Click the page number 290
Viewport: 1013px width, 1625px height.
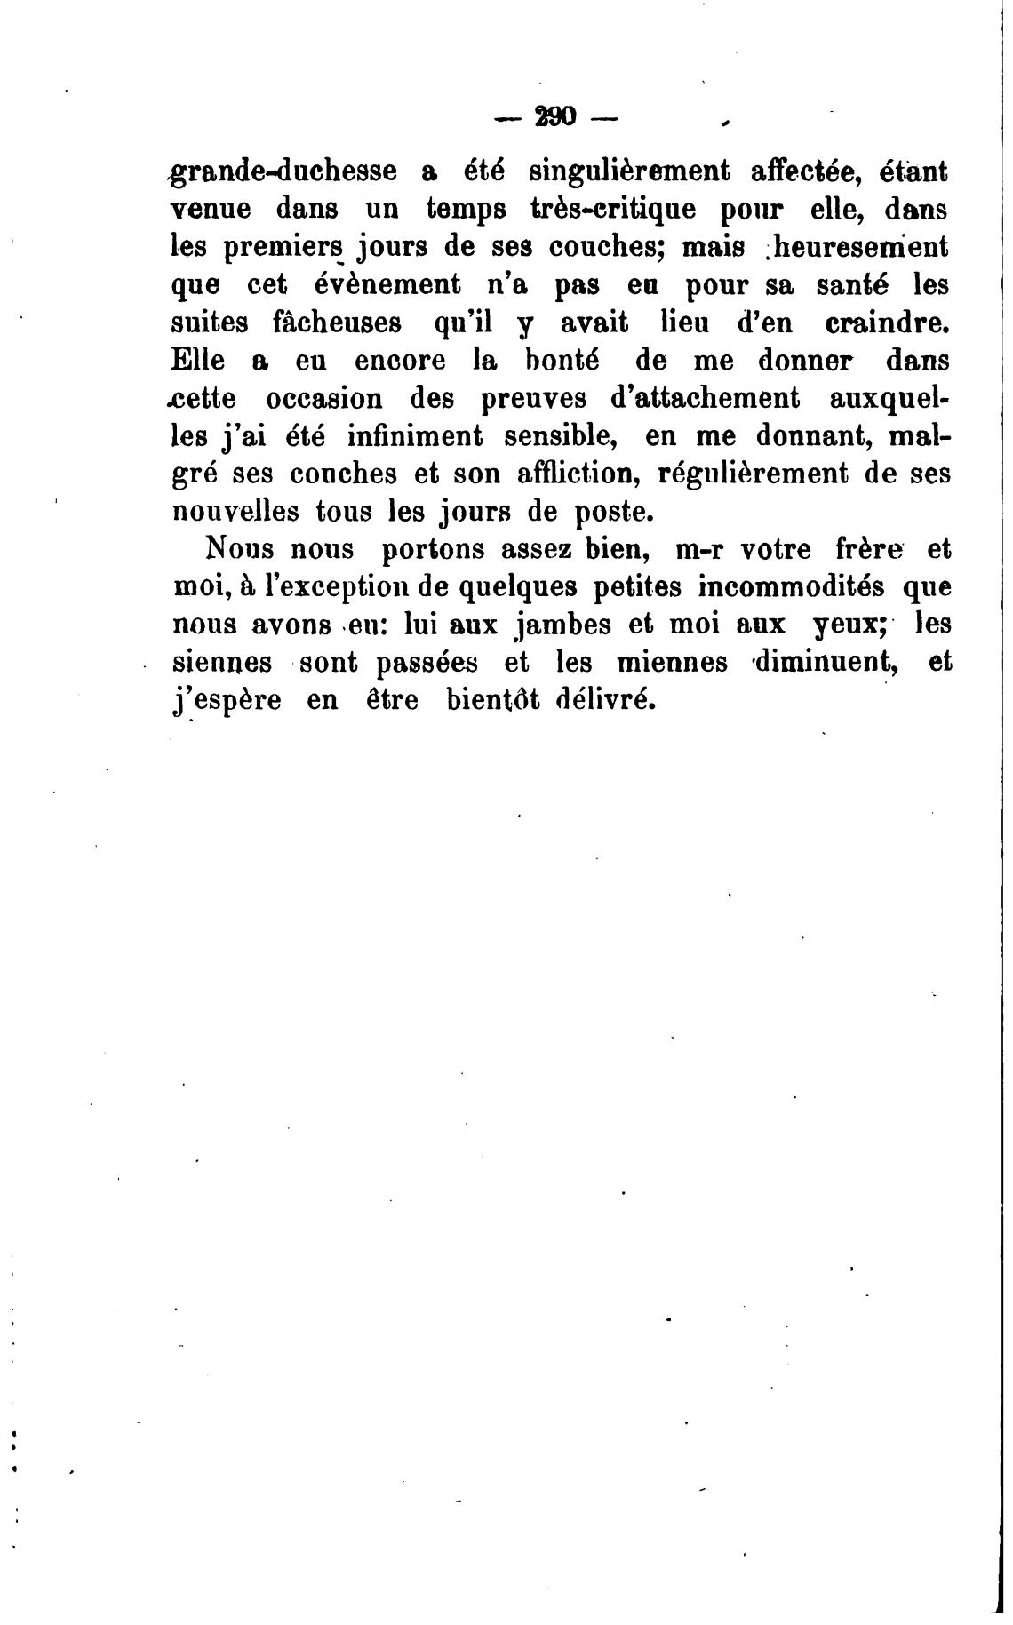point(554,116)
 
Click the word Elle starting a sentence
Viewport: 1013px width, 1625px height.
point(197,361)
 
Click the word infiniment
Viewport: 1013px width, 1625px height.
point(415,436)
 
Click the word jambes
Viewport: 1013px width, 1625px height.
point(557,625)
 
